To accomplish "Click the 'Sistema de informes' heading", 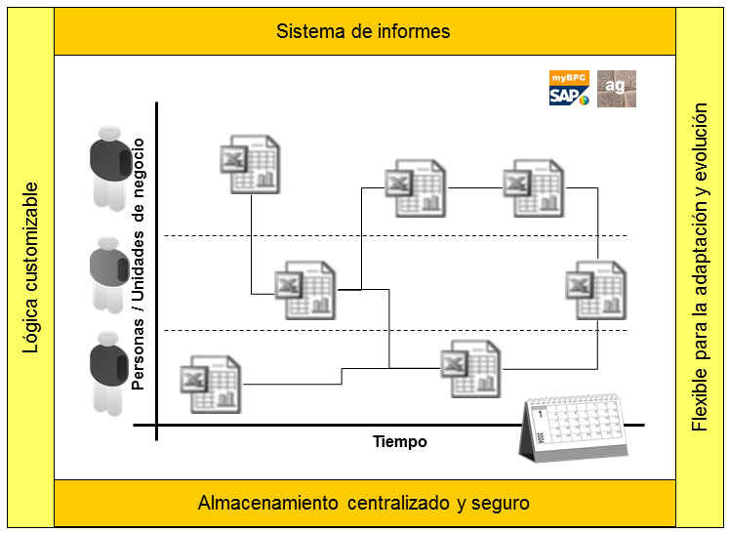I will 363,31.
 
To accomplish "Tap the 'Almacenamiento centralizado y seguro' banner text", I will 363,504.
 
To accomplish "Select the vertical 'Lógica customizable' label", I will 31,266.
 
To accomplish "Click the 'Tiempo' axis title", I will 400,441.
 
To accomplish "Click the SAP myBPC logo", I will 569,88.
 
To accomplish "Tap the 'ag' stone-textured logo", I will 616,88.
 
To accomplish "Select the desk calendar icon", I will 572,428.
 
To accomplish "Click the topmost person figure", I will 107,167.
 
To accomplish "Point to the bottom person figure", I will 107,372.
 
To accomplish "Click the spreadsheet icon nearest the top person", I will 250,164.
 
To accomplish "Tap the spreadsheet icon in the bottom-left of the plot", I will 210,384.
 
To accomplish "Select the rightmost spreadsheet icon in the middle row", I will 595,289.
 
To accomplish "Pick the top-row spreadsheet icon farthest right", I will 533,187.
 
